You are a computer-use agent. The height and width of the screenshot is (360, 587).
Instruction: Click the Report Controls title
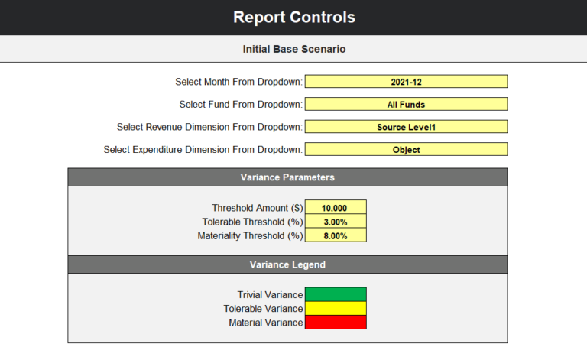point(293,18)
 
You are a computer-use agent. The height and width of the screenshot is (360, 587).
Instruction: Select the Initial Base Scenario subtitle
point(293,49)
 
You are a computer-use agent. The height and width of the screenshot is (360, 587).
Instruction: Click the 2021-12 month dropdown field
point(406,82)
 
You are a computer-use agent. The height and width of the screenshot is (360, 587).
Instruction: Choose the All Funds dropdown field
point(406,104)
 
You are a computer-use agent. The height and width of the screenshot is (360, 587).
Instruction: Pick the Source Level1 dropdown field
point(406,127)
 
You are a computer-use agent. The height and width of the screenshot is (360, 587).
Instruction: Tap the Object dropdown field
point(406,150)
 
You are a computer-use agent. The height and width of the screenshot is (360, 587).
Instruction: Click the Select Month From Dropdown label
point(239,82)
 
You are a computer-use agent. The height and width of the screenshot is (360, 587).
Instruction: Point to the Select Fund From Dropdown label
point(241,104)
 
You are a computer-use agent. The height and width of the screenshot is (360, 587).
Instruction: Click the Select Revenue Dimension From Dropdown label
point(209,127)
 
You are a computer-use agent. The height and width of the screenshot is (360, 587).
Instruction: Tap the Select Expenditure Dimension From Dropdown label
point(203,150)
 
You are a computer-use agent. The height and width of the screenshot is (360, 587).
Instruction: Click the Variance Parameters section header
point(287,177)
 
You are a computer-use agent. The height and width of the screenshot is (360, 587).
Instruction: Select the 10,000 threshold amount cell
point(336,207)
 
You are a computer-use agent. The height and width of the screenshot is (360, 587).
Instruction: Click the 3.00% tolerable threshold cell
point(336,222)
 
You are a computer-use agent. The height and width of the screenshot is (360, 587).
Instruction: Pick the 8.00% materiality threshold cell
point(336,235)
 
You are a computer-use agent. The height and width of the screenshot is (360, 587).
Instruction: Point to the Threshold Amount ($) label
point(257,208)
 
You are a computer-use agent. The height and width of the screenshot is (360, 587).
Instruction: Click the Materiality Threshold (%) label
point(250,236)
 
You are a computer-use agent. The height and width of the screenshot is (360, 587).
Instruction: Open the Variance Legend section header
point(287,264)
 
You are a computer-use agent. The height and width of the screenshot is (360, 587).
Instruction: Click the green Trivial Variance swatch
point(336,294)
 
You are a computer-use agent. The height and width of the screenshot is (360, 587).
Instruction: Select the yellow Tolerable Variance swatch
point(336,308)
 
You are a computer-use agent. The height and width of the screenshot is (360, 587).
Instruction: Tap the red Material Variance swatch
point(336,323)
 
